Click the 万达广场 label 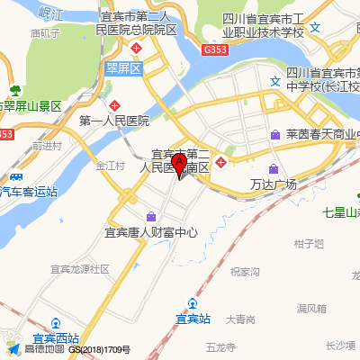273,184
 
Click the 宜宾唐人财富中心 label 150,231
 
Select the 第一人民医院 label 114,120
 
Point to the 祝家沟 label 244,271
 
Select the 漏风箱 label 310,308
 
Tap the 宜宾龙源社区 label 79,268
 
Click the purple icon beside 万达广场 273,168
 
